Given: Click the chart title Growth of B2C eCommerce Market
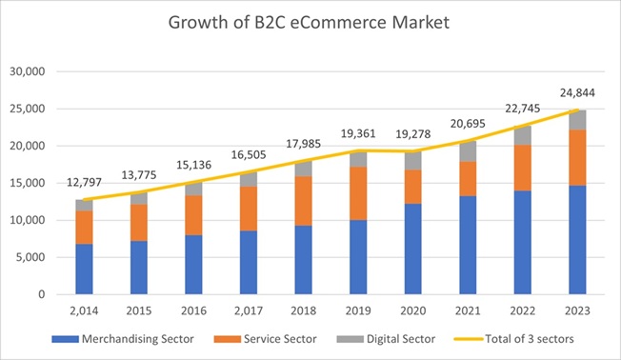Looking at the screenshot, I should point(310,22).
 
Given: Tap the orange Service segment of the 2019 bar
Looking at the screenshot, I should point(357,193).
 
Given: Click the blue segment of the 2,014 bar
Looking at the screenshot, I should point(84,270).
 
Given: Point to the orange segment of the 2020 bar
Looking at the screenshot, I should point(412,187).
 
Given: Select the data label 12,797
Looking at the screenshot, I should point(84,181).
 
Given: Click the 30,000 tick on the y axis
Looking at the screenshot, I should point(31,71).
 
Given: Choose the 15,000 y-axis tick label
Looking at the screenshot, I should point(31,183).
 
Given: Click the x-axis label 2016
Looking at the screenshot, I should point(193,310).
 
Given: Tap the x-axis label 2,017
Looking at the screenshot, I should point(248,310).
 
